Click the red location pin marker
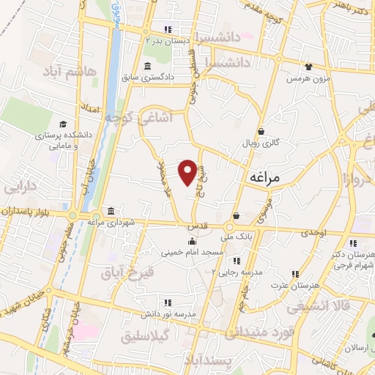click(188, 171)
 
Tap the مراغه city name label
click(265, 177)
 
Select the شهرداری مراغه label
click(115, 221)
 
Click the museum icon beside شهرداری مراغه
click(110, 212)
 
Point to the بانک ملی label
click(239, 236)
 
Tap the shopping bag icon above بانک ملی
click(237, 216)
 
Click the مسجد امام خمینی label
click(193, 252)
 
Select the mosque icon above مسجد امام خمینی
click(192, 242)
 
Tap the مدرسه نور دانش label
click(169, 313)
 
